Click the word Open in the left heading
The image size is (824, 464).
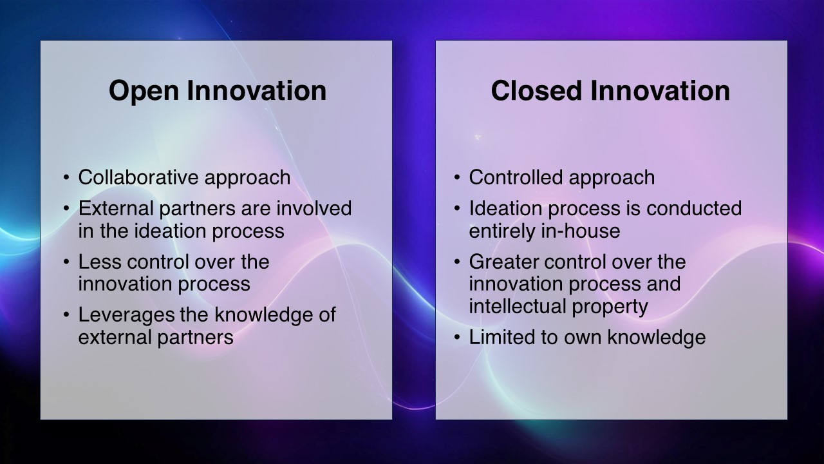coord(144,92)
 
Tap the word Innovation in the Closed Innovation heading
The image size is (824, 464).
coord(660,91)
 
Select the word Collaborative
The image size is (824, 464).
coord(138,177)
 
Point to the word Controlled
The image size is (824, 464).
coord(516,177)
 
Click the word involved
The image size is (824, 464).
coord(314,208)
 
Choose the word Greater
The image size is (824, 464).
coord(503,262)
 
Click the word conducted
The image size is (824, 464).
coord(694,208)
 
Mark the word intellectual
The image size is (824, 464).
coord(517,306)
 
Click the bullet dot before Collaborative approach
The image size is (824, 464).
coord(66,178)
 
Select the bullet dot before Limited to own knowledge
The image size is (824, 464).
coord(457,338)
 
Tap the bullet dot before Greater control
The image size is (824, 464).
coord(457,262)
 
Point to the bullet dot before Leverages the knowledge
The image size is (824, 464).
coord(66,316)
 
